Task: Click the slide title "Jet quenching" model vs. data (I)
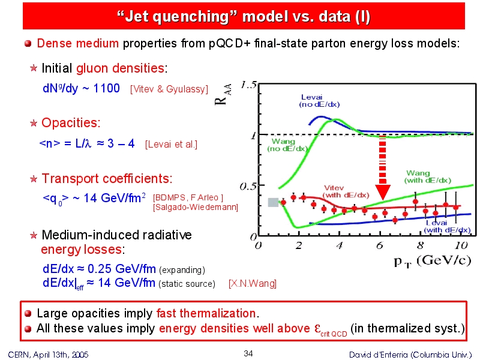[x=244, y=16]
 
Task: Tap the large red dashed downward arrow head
[x=383, y=192]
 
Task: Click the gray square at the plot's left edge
[x=273, y=202]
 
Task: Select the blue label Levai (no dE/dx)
[x=319, y=101]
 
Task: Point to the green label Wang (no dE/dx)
[x=287, y=145]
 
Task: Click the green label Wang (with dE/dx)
[x=428, y=176]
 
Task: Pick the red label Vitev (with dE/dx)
[x=346, y=191]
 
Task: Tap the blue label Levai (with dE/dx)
[x=447, y=227]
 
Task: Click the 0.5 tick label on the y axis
[x=248, y=186]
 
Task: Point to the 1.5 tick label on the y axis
[x=248, y=85]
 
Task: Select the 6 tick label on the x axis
[x=380, y=245]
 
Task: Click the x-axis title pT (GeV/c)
[x=432, y=262]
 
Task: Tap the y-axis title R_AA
[x=223, y=95]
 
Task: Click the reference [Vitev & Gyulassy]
[x=169, y=89]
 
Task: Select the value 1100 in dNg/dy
[x=107, y=88]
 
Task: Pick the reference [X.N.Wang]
[x=253, y=283]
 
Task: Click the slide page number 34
[x=248, y=353]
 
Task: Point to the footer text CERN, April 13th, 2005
[x=48, y=355]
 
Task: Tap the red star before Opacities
[x=34, y=123]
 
